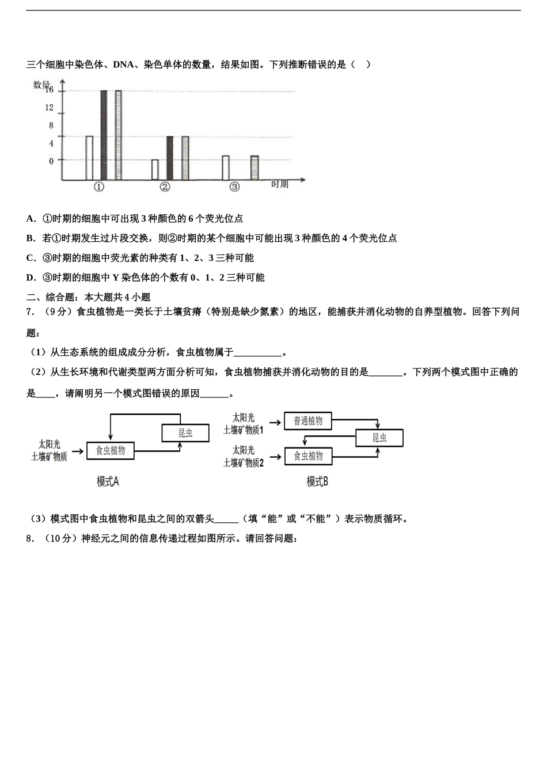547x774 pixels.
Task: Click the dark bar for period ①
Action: coord(104,135)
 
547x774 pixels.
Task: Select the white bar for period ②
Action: coord(155,170)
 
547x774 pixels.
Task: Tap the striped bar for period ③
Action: coord(254,168)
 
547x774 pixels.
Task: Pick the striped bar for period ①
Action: coord(118,135)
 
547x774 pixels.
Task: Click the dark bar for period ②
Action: coord(170,158)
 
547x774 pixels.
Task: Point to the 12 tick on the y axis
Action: coord(50,108)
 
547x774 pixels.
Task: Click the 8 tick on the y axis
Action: coord(51,126)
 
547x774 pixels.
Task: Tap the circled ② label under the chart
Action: coord(165,187)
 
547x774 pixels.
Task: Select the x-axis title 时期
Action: coord(279,184)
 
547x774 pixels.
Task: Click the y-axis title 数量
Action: coord(41,85)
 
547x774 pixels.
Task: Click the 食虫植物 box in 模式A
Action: coord(110,450)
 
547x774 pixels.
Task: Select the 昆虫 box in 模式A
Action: coord(185,433)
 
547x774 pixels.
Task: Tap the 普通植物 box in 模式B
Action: coord(308,421)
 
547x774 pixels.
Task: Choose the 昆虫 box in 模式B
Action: coord(379,438)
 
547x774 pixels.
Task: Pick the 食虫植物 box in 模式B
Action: coord(308,456)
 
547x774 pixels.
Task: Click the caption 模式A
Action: coord(108,481)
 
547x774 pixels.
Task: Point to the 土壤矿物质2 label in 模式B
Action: coord(244,462)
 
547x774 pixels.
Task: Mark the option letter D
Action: coord(31,278)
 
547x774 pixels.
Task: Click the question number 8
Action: coord(29,539)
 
